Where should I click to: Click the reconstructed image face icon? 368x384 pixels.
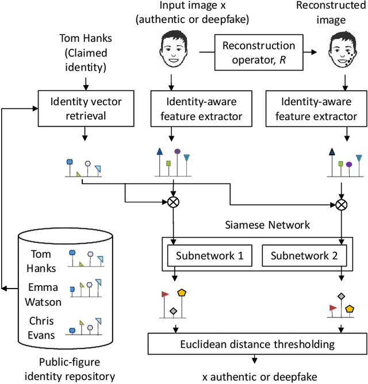(344, 51)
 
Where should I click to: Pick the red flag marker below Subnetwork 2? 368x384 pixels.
(332, 307)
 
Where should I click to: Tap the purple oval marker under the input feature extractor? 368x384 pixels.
(178, 152)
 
